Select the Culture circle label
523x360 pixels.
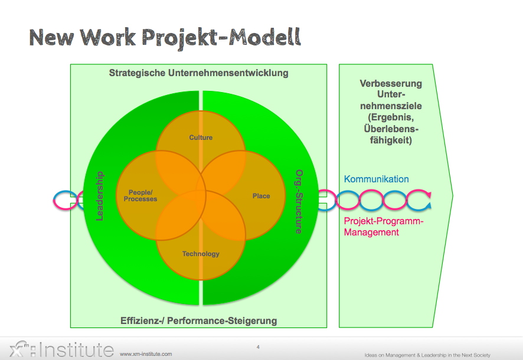click(201, 138)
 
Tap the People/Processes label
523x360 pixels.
click(140, 195)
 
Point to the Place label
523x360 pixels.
click(261, 196)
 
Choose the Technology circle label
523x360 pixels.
click(201, 254)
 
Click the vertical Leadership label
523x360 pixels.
click(99, 196)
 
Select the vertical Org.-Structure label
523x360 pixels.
click(299, 201)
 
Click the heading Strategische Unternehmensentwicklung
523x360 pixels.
click(198, 73)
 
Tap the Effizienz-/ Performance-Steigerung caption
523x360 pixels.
click(198, 321)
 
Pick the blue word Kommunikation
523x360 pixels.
click(377, 179)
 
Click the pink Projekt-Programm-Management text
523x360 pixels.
click(384, 227)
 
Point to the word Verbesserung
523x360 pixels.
click(391, 83)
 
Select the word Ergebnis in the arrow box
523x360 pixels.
click(393, 117)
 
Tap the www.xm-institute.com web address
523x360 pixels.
click(146, 354)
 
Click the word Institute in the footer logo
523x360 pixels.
click(76, 349)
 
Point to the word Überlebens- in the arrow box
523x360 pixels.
click(391, 129)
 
